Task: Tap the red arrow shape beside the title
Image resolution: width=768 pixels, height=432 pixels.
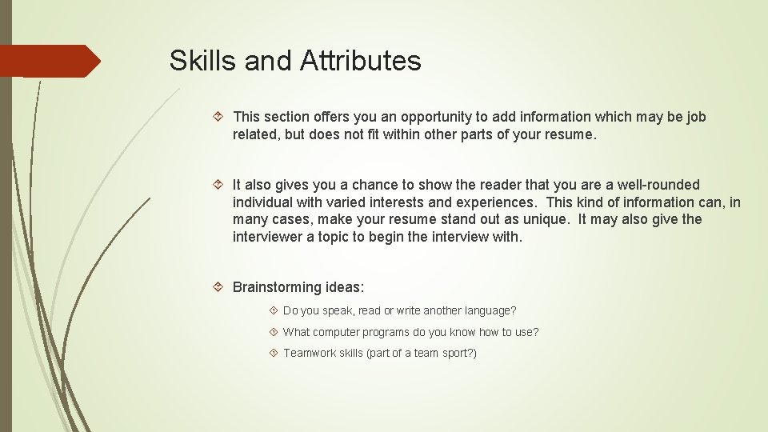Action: [x=50, y=61]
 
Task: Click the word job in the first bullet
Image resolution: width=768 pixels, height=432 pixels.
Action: [x=696, y=117]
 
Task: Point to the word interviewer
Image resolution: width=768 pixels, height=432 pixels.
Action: [x=270, y=237]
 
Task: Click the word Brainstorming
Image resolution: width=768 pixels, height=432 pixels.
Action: [x=278, y=286]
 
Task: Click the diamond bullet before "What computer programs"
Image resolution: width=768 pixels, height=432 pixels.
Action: [x=274, y=332]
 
